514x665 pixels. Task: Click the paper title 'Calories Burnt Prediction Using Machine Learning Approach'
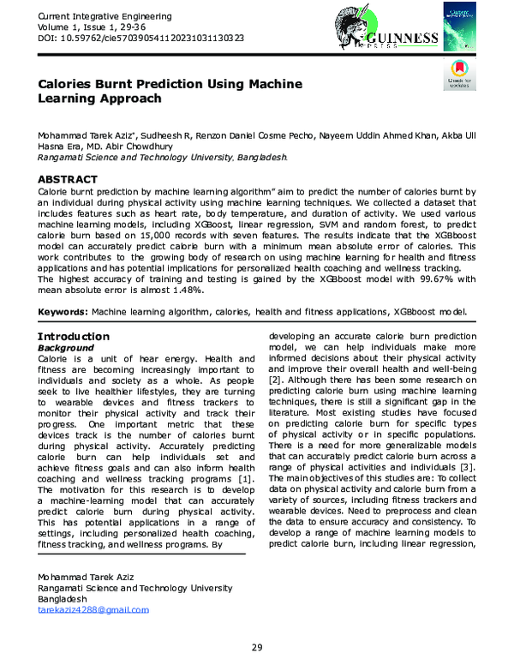(x=169, y=91)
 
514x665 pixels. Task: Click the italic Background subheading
(x=69, y=349)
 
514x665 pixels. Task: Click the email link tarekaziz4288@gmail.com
(x=93, y=609)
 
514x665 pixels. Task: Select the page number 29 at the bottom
(x=256, y=647)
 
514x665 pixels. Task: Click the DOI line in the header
(x=140, y=39)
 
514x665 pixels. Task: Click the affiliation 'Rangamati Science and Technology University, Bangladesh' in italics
(x=162, y=158)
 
